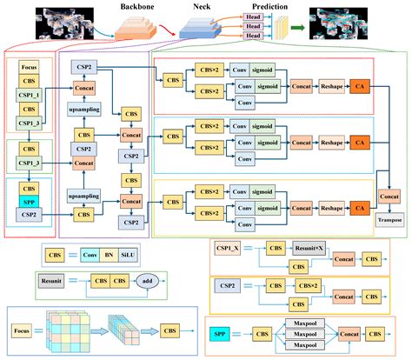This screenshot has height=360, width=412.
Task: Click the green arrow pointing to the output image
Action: (x=297, y=29)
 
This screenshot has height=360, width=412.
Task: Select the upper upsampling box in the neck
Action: (x=83, y=111)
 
